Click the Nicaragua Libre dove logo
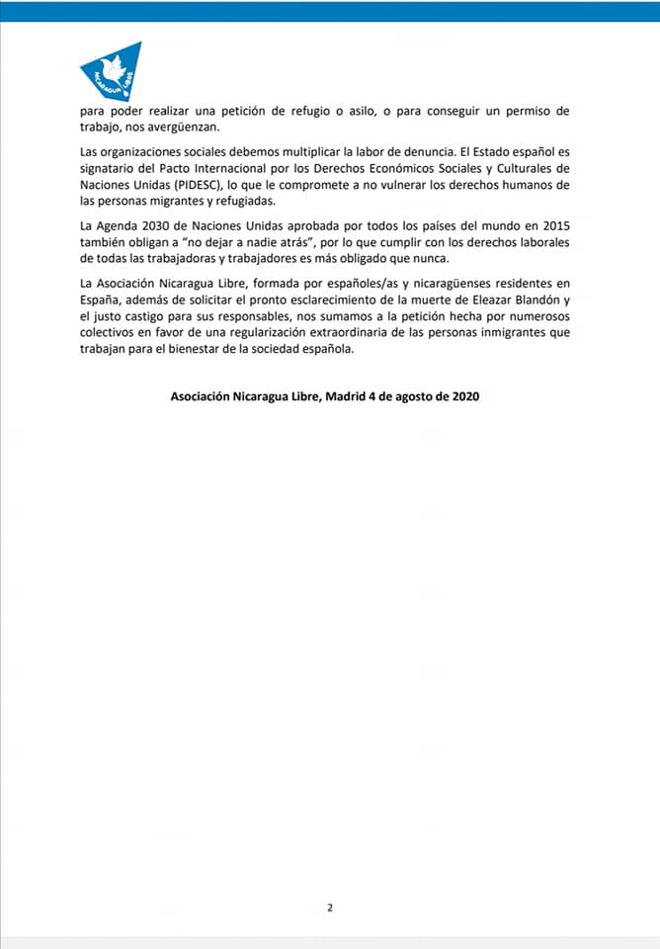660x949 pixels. coord(111,71)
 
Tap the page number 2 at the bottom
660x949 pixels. coord(330,908)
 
